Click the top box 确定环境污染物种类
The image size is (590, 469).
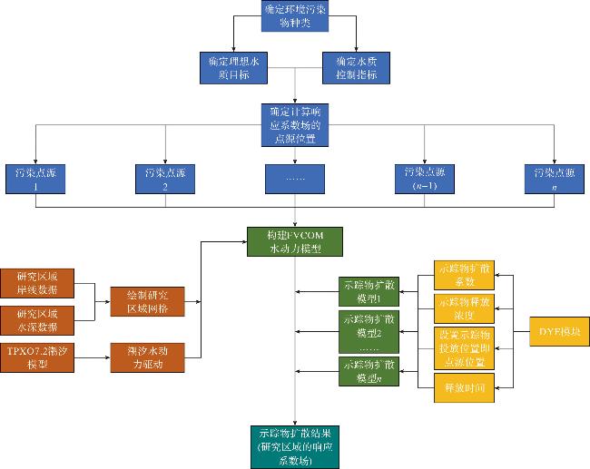[x=295, y=15]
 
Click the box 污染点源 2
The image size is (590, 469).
[x=165, y=177]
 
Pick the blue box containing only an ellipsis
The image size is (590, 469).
[x=295, y=177]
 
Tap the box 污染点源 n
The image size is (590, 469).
[x=554, y=177]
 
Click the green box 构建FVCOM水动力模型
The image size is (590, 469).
[x=295, y=241]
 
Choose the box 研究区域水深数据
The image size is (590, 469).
[x=36, y=319]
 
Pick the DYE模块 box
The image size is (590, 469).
[x=558, y=329]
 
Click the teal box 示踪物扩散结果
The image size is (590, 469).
[x=295, y=445]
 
